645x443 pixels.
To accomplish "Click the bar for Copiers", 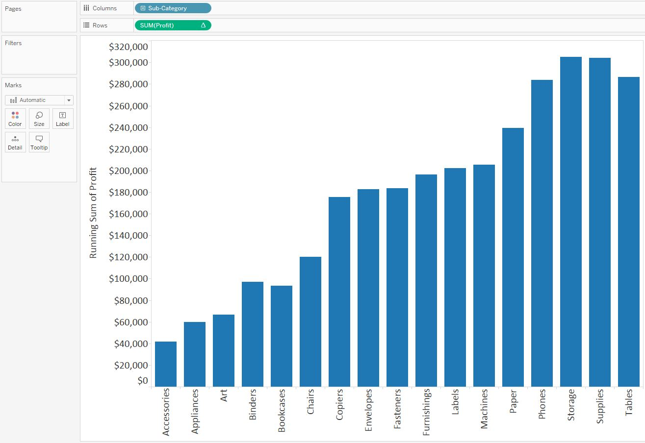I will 339,292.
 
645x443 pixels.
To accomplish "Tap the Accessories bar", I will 166,364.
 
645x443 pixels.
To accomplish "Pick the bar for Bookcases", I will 282,336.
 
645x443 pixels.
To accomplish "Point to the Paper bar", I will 513,257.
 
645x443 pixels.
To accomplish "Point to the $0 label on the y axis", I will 143,381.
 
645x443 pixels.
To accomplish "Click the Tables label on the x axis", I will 629,403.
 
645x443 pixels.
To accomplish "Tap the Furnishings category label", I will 426,412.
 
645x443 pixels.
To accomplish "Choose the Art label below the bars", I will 224,395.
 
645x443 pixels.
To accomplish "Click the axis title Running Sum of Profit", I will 93,213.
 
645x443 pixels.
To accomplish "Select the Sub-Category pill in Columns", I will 173,8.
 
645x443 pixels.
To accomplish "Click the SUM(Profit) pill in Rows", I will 173,25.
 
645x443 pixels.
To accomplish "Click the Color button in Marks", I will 15,119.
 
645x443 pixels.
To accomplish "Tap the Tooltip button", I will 39,142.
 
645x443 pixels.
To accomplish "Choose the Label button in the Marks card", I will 63,119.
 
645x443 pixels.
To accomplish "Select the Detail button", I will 15,142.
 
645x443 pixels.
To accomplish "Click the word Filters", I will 13,43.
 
